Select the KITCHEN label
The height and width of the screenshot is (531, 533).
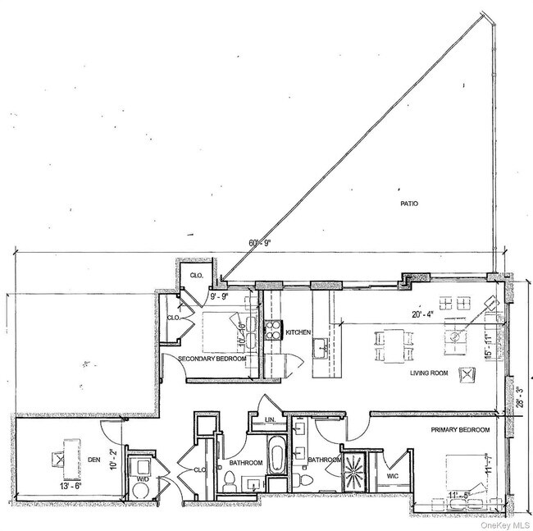click(298, 332)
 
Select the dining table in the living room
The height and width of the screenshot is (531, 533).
click(392, 344)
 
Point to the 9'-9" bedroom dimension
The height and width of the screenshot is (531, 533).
click(222, 295)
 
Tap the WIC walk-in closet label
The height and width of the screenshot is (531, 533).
click(393, 474)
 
